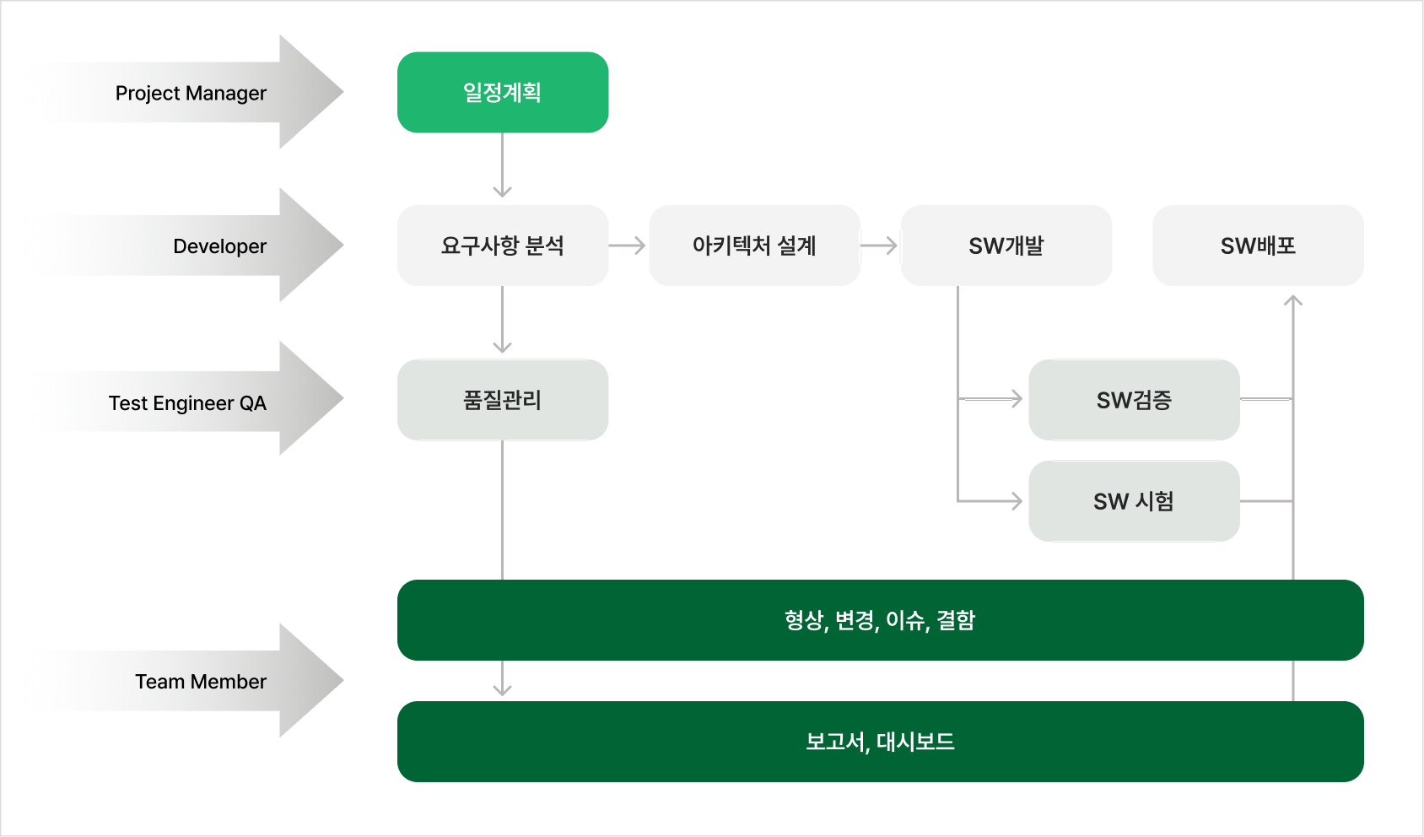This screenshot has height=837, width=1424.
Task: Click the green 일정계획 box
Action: (503, 92)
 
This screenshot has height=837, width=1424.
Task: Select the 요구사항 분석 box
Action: (503, 246)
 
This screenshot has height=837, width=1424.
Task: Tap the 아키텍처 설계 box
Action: (754, 246)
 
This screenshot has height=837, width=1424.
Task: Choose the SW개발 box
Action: (1006, 246)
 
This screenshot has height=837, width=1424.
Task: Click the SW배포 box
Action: (1258, 246)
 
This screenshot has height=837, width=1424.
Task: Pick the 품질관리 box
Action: (503, 400)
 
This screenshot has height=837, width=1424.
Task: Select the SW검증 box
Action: (1134, 400)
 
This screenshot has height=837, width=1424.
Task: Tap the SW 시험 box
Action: (1134, 501)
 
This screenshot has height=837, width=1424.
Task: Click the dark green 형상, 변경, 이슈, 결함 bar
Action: (880, 620)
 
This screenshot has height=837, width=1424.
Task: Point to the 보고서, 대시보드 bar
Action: (880, 742)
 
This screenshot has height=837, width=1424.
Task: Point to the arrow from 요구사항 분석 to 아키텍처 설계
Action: (628, 246)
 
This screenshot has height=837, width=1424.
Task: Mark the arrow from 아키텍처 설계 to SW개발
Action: (880, 246)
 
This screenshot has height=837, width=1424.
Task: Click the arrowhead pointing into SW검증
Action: (1016, 398)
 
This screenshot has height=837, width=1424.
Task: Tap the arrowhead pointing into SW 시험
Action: (1016, 501)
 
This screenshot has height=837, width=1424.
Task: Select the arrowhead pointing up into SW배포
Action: (1293, 300)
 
